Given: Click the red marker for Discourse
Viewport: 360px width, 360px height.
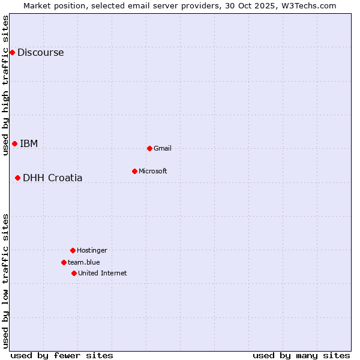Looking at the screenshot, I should tap(12, 52).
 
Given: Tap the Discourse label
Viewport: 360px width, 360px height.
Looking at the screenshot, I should tap(40, 52).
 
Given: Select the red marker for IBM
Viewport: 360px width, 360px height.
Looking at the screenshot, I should tap(14, 143).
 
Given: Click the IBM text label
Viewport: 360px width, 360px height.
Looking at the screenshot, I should tap(29, 143).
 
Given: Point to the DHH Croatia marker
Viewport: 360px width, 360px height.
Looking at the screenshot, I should tap(17, 178).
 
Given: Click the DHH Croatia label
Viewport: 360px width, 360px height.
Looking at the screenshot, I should tap(53, 178).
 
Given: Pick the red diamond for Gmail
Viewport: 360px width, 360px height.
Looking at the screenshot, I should tap(149, 148).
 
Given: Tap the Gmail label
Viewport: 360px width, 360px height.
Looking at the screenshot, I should tap(163, 148).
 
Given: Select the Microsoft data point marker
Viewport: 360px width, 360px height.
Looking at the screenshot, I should tap(134, 171).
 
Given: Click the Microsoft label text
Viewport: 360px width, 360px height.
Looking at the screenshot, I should tap(153, 171).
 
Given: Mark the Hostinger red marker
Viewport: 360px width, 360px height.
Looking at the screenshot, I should tap(73, 250).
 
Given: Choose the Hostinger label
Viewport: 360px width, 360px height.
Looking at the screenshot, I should tap(92, 250).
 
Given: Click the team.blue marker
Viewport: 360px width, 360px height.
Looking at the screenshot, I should tap(64, 262).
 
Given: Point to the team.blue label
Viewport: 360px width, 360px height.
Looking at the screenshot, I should tap(84, 262).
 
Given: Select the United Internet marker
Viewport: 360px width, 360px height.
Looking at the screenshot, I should tap(74, 273).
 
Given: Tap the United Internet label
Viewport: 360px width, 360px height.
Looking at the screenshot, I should tap(103, 273).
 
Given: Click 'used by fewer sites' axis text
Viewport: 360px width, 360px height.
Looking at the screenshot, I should tap(62, 355).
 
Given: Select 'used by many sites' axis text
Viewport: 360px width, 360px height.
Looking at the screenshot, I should tap(301, 355).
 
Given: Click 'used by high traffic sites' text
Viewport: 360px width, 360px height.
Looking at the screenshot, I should tap(5, 85).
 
